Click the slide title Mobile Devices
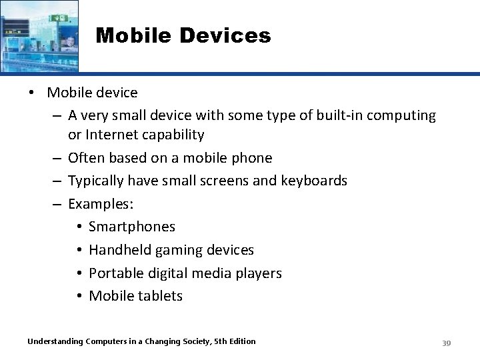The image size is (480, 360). tap(183, 35)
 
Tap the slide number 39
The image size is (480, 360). tap(447, 343)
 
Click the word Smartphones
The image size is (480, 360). tap(132, 227)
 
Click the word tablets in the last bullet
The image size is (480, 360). tap(160, 296)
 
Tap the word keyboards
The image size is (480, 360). tap(313, 181)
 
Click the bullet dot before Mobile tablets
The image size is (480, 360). tap(79, 296)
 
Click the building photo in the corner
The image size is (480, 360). tap(39, 35)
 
